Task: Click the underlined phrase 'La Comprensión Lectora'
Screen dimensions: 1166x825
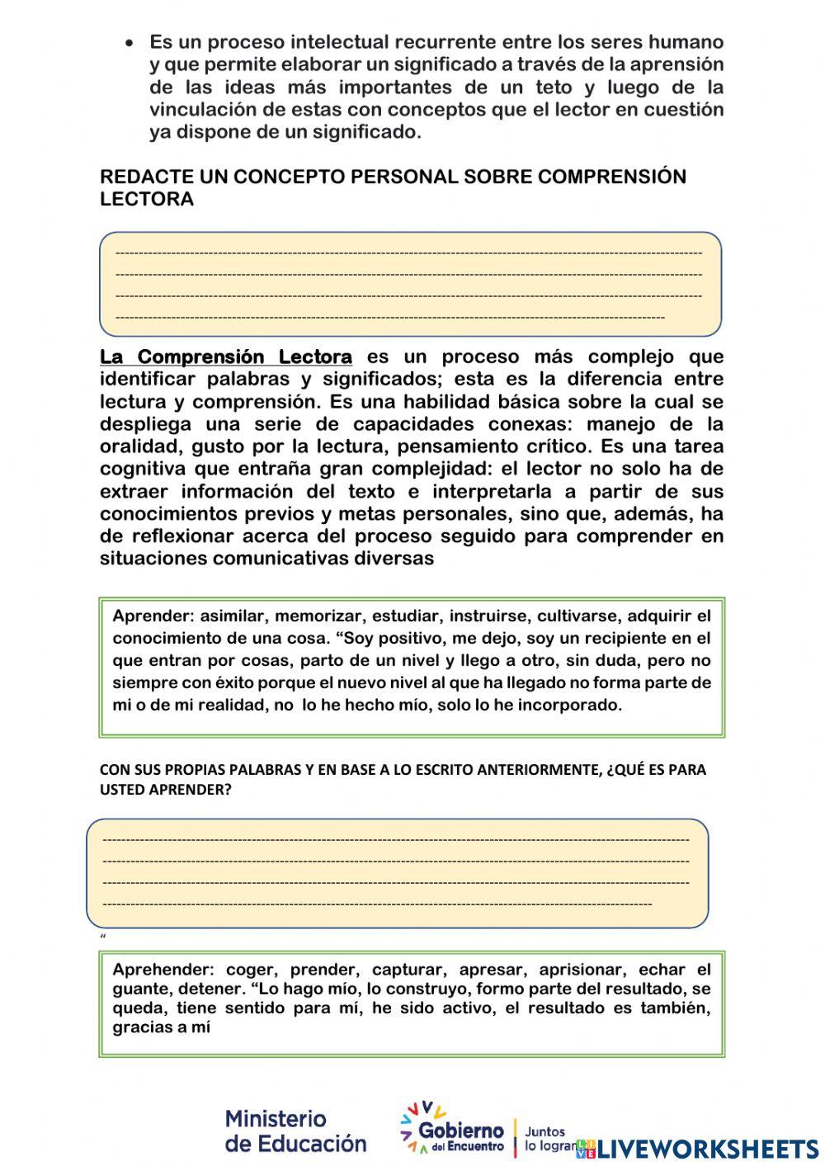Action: pos(226,356)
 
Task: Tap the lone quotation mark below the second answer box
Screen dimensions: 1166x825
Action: pos(102,937)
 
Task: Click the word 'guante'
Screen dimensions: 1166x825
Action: pos(137,989)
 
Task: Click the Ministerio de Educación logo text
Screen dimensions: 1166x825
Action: pos(295,1131)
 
